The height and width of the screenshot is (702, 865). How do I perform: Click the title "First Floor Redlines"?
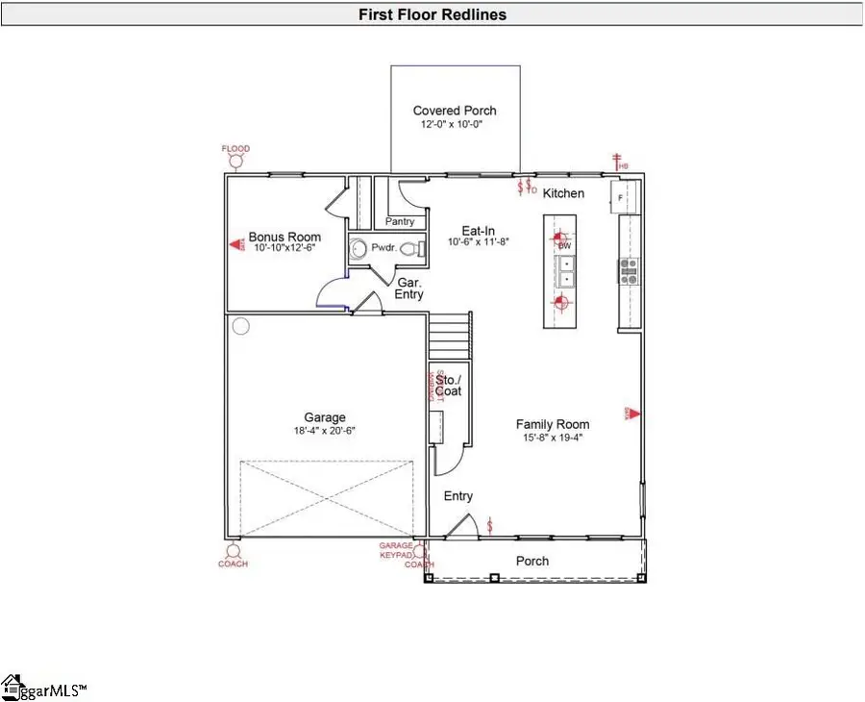pyautogui.click(x=432, y=14)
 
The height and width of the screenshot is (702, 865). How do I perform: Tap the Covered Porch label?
pyautogui.click(x=455, y=111)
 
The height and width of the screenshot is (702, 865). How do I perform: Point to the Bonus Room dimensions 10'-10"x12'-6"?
pyautogui.click(x=284, y=248)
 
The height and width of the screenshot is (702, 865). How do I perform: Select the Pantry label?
pyautogui.click(x=399, y=221)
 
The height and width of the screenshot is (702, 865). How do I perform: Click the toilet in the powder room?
pyautogui.click(x=408, y=249)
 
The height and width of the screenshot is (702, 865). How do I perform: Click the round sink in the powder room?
pyautogui.click(x=359, y=248)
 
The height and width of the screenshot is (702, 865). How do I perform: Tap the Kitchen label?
pyautogui.click(x=563, y=193)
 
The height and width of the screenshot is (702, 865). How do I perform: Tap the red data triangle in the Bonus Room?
pyautogui.click(x=235, y=245)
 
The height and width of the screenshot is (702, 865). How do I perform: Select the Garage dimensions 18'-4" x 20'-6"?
pyautogui.click(x=325, y=431)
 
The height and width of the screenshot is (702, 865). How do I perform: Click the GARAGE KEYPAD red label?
pyautogui.click(x=395, y=550)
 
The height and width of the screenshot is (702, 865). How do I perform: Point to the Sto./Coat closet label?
pyautogui.click(x=448, y=385)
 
